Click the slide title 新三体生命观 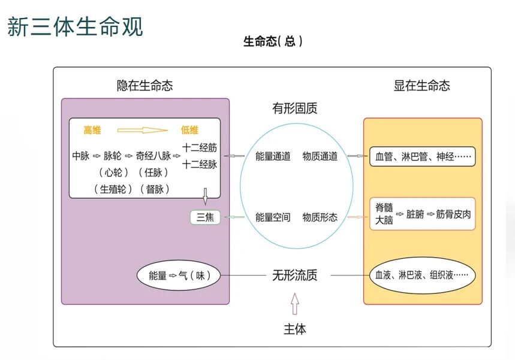point(75,26)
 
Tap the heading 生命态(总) point(273,42)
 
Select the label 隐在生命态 point(144,86)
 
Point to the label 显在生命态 point(421,86)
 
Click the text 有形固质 point(294,108)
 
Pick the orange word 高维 point(92,130)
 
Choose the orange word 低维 point(189,130)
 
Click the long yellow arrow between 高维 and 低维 point(141,130)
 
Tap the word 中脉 point(80,156)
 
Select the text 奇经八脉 point(153,156)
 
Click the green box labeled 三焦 point(205,217)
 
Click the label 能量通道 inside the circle point(273,156)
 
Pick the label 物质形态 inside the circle point(320,217)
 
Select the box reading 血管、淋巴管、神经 point(422,156)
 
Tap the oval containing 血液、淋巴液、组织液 point(422,276)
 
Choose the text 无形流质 point(294,276)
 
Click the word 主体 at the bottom point(294,329)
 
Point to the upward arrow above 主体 point(294,304)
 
